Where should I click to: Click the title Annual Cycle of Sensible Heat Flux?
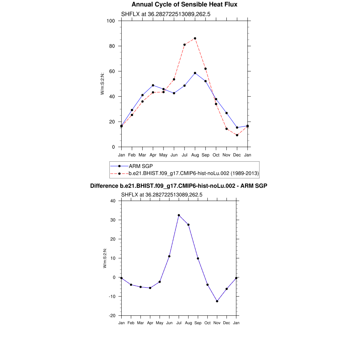(184, 5)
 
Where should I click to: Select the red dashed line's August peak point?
(195, 38)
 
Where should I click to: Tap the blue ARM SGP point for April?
(153, 85)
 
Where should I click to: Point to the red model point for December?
(237, 135)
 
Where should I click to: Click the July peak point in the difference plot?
(179, 215)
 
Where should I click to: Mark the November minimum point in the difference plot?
(217, 301)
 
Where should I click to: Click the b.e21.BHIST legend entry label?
(194, 173)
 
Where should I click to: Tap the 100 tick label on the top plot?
(111, 21)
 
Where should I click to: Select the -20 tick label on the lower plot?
(112, 316)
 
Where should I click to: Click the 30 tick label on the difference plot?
(113, 220)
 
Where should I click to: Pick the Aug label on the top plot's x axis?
(195, 155)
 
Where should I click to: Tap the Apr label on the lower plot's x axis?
(150, 323)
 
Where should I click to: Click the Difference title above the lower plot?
(179, 186)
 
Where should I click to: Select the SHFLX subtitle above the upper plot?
(166, 14)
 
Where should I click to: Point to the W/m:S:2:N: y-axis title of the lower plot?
(105, 258)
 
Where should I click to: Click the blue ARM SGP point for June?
(174, 93)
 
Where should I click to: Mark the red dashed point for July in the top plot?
(184, 45)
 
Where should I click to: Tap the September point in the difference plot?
(198, 258)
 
